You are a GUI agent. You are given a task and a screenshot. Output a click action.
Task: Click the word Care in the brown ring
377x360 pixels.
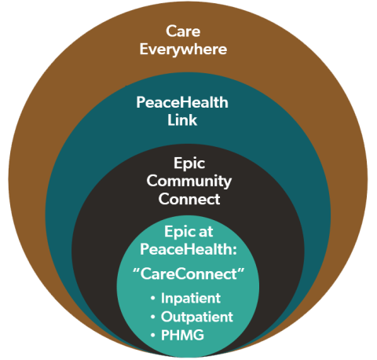click(x=183, y=31)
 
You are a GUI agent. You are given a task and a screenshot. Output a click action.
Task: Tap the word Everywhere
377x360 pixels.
click(x=183, y=50)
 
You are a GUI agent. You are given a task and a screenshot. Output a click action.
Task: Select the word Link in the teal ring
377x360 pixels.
click(x=182, y=120)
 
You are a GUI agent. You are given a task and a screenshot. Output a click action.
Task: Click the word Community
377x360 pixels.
click(x=189, y=182)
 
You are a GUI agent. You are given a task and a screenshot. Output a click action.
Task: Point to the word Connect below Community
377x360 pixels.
click(x=189, y=199)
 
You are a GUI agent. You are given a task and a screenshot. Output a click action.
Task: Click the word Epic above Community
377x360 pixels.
click(x=189, y=163)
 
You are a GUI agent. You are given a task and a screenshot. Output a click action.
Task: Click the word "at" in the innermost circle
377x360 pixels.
click(x=206, y=233)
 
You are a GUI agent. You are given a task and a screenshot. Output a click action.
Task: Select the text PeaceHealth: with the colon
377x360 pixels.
click(x=188, y=249)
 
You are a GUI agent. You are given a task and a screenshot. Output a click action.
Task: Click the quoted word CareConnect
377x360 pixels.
click(x=188, y=274)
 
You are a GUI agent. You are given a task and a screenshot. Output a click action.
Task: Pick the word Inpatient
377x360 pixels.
click(x=191, y=299)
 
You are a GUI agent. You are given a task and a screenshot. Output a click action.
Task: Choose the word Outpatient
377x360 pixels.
click(x=197, y=317)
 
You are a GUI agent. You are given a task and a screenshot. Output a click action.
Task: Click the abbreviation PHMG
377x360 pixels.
click(x=182, y=335)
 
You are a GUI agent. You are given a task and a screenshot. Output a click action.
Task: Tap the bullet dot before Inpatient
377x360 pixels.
click(x=153, y=299)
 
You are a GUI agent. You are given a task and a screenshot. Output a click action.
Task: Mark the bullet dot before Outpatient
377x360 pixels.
click(x=153, y=318)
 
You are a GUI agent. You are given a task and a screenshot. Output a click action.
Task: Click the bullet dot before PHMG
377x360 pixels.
click(x=153, y=336)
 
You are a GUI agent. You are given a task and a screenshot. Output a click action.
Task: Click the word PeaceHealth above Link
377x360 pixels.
click(x=182, y=102)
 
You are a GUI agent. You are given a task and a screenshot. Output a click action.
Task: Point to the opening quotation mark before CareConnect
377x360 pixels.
click(x=136, y=270)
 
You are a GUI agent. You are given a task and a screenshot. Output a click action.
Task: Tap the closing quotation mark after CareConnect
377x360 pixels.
click(x=241, y=270)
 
